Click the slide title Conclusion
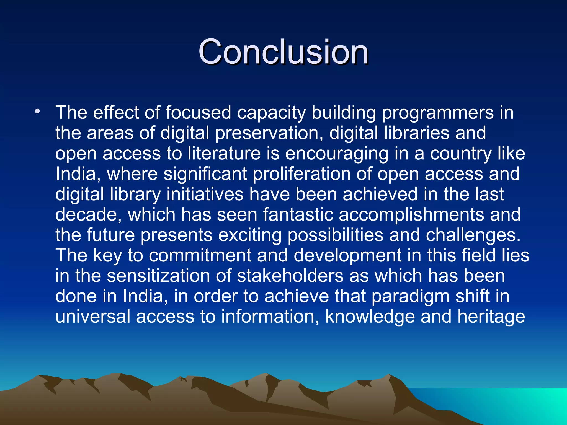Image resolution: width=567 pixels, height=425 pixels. click(x=283, y=52)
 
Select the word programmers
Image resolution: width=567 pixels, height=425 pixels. click(x=437, y=113)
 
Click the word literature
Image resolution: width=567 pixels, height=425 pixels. click(x=224, y=154)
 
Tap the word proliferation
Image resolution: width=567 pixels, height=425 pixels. click(x=301, y=174)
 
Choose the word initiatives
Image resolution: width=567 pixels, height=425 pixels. click(x=205, y=194)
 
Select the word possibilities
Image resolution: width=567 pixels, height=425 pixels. click(x=335, y=235)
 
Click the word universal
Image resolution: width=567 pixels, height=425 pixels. click(x=93, y=317)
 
